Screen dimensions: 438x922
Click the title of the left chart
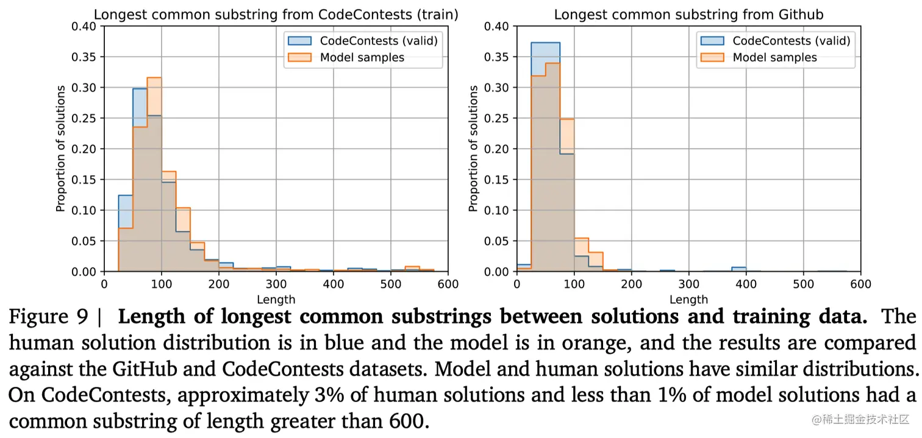point(276,15)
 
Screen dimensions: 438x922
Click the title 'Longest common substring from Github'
point(688,15)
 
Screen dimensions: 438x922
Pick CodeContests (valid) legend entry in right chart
point(791,41)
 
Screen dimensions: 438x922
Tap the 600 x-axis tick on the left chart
point(448,284)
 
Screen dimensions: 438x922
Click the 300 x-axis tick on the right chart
point(689,284)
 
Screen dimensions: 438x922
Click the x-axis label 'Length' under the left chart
point(276,300)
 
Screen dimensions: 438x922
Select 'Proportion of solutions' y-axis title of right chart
point(474,149)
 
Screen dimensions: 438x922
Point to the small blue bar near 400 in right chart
point(739,269)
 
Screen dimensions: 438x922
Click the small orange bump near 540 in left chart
point(413,269)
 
